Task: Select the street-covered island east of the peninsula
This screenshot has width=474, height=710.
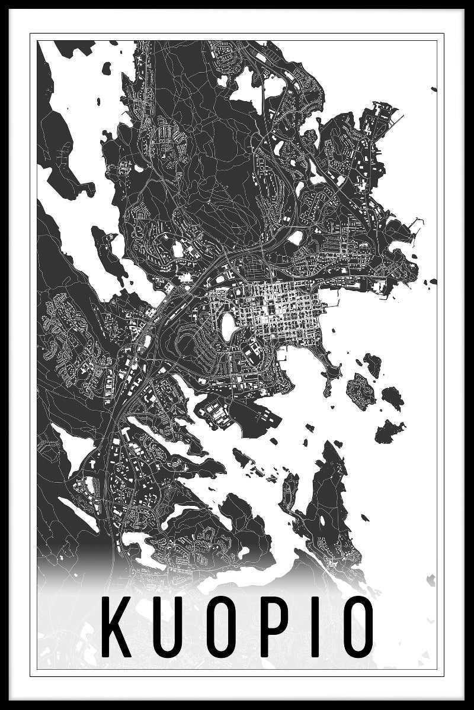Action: (x=360, y=390)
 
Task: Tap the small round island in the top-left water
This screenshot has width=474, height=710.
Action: (x=106, y=68)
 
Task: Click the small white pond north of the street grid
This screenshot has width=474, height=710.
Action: (x=294, y=238)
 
